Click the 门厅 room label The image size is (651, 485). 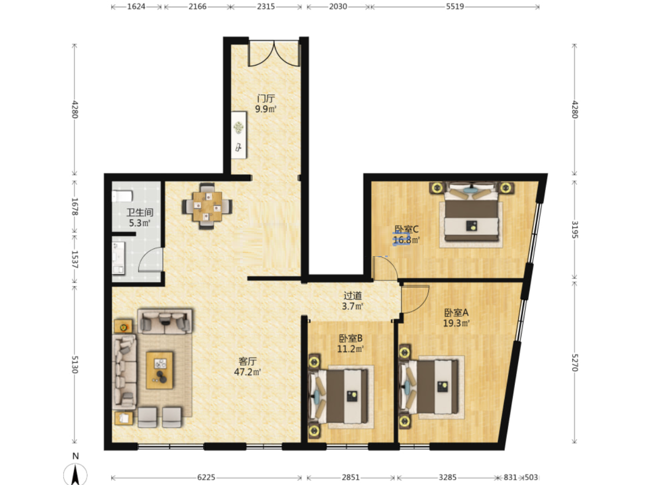click(x=266, y=99)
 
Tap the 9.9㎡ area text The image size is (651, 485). click(x=266, y=110)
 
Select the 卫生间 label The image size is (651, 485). click(x=140, y=213)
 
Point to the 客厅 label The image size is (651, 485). click(x=248, y=361)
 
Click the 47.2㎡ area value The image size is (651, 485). click(x=248, y=372)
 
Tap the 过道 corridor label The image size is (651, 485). click(x=353, y=295)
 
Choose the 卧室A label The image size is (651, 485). click(x=456, y=313)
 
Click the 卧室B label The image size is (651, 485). click(x=351, y=338)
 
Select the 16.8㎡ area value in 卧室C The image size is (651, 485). click(x=406, y=240)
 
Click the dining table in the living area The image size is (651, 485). click(x=207, y=206)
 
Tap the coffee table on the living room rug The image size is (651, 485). click(x=160, y=370)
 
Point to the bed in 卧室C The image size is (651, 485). click(x=471, y=212)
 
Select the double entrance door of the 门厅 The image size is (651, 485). click(x=274, y=53)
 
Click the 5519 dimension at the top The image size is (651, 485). click(x=455, y=7)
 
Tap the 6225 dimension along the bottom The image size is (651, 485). click(x=206, y=477)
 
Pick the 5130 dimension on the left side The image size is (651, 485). click(x=75, y=365)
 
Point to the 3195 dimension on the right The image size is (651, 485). click(x=575, y=229)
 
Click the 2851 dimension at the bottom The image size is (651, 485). click(x=351, y=477)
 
